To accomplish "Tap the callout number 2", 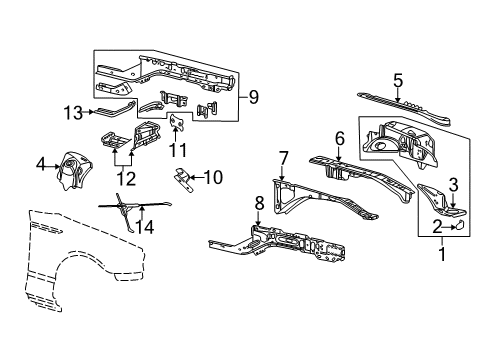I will pyautogui.click(x=439, y=227).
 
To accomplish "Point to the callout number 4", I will pyautogui.click(x=41, y=164).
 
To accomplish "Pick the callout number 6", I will pyautogui.click(x=339, y=138).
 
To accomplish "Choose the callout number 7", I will pyautogui.click(x=283, y=157).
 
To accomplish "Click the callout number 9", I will pyautogui.click(x=253, y=97).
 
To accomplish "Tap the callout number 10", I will pyautogui.click(x=211, y=177).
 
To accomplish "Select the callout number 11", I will pyautogui.click(x=179, y=150).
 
